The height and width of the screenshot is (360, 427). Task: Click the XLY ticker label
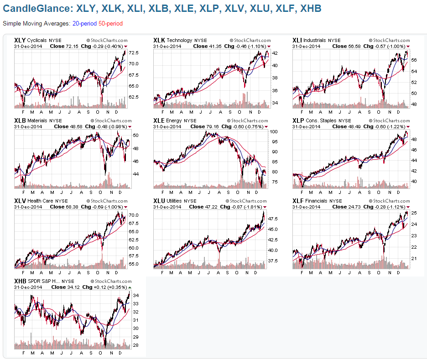click(20, 40)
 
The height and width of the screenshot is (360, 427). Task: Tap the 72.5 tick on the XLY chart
click(134, 53)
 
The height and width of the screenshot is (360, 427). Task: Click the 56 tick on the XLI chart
click(413, 60)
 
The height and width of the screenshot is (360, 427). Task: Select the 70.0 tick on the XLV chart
click(134, 215)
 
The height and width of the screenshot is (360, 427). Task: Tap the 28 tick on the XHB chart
click(135, 345)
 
